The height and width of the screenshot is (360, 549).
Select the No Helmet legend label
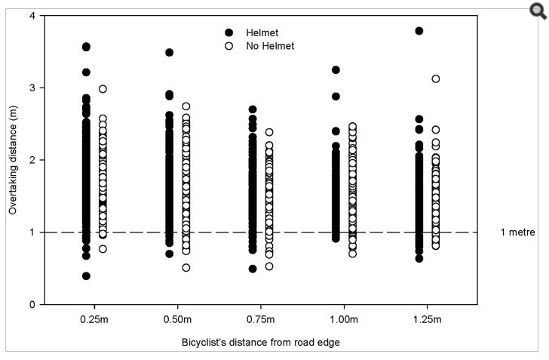click(269, 46)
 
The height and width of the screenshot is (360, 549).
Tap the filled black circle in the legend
click(229, 32)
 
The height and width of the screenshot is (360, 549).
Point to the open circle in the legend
click(229, 46)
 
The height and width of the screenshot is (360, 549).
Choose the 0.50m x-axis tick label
click(177, 319)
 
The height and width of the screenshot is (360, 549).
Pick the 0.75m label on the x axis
click(260, 319)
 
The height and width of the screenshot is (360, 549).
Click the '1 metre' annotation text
click(517, 232)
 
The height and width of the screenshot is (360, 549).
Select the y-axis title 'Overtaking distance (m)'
click(13, 160)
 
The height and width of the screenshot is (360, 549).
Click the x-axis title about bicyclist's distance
click(260, 342)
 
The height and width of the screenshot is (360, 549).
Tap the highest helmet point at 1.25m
click(419, 31)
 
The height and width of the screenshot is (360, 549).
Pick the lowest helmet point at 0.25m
click(86, 276)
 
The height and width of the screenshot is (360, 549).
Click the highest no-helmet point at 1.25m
click(435, 79)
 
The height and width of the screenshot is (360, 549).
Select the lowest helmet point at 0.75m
click(253, 269)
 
